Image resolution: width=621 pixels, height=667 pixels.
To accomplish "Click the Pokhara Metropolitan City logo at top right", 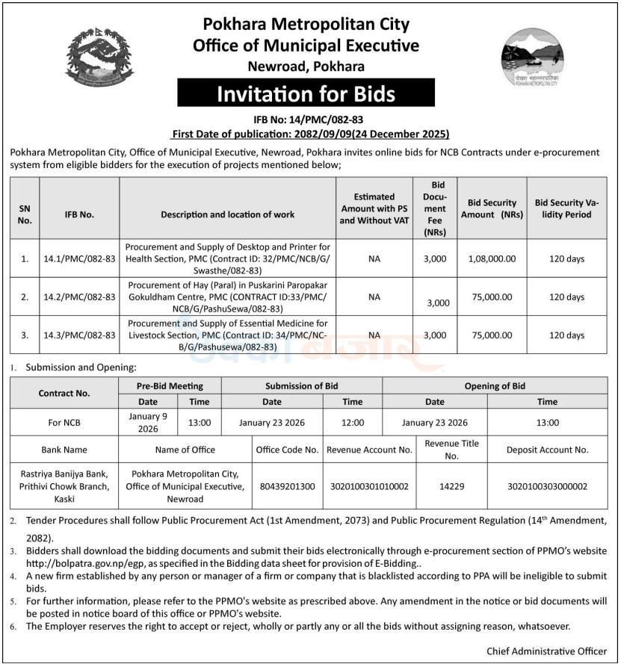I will point(531,58).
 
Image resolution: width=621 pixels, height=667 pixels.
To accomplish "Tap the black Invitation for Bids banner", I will point(306,94).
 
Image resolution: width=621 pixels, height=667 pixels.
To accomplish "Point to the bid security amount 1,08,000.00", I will point(492,259).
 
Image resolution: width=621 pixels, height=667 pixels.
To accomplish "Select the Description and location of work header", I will point(227,214).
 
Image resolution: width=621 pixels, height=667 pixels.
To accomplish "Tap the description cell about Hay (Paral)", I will point(227,297).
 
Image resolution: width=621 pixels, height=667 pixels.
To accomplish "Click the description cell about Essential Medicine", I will point(227,335).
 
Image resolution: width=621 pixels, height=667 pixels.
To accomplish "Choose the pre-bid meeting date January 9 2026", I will point(148,423).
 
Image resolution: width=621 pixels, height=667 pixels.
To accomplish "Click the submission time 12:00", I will point(352,423).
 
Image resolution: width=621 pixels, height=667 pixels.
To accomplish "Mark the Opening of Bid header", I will point(494,386).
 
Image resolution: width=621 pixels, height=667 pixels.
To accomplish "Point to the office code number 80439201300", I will point(287,486).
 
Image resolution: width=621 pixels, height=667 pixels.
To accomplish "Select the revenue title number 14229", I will point(451,486).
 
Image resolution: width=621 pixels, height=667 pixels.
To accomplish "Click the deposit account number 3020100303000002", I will point(547,486).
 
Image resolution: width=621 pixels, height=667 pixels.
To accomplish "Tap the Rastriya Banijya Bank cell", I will point(64,486).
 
